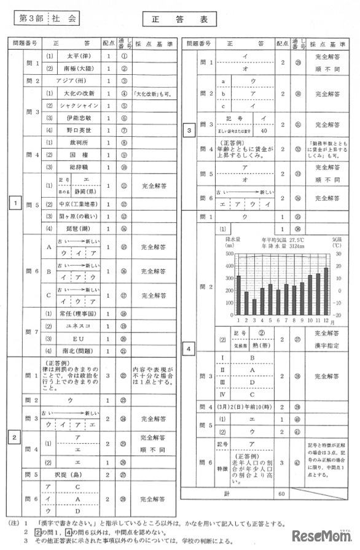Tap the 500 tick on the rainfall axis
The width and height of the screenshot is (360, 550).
pos(230,253)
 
